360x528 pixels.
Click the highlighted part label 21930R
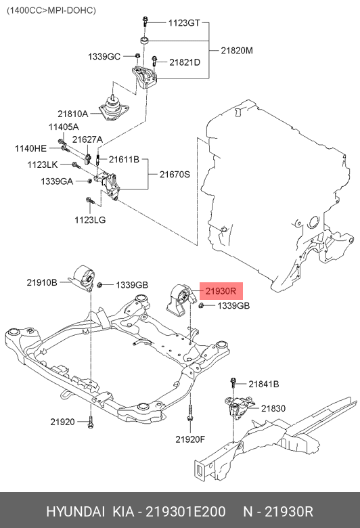[220, 292]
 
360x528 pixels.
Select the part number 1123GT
[184, 22]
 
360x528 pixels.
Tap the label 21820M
[237, 51]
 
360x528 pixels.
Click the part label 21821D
[185, 62]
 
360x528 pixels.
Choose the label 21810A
[72, 114]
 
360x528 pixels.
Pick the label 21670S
[175, 174]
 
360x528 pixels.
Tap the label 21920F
[190, 439]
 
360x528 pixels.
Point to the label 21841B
[263, 384]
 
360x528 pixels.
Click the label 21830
[273, 408]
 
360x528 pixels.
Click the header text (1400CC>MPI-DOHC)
[51, 10]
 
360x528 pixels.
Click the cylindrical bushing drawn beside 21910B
[84, 277]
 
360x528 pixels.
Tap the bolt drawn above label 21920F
[191, 414]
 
